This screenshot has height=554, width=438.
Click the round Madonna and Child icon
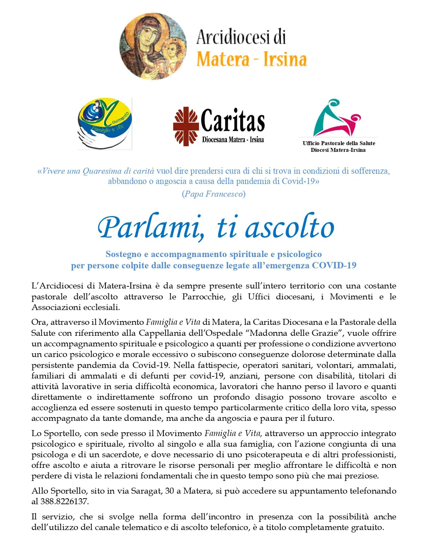(x=153, y=46)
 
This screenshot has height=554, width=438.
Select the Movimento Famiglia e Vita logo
(x=105, y=124)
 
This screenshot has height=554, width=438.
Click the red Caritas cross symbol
(x=186, y=126)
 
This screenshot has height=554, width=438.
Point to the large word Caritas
(x=233, y=121)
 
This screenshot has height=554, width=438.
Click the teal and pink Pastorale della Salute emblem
(x=337, y=118)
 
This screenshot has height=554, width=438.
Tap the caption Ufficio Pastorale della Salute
(x=339, y=143)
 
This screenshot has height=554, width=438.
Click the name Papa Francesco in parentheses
(x=214, y=194)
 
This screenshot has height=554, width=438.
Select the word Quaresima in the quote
(x=103, y=171)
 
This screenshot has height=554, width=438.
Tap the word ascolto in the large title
(x=290, y=228)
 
